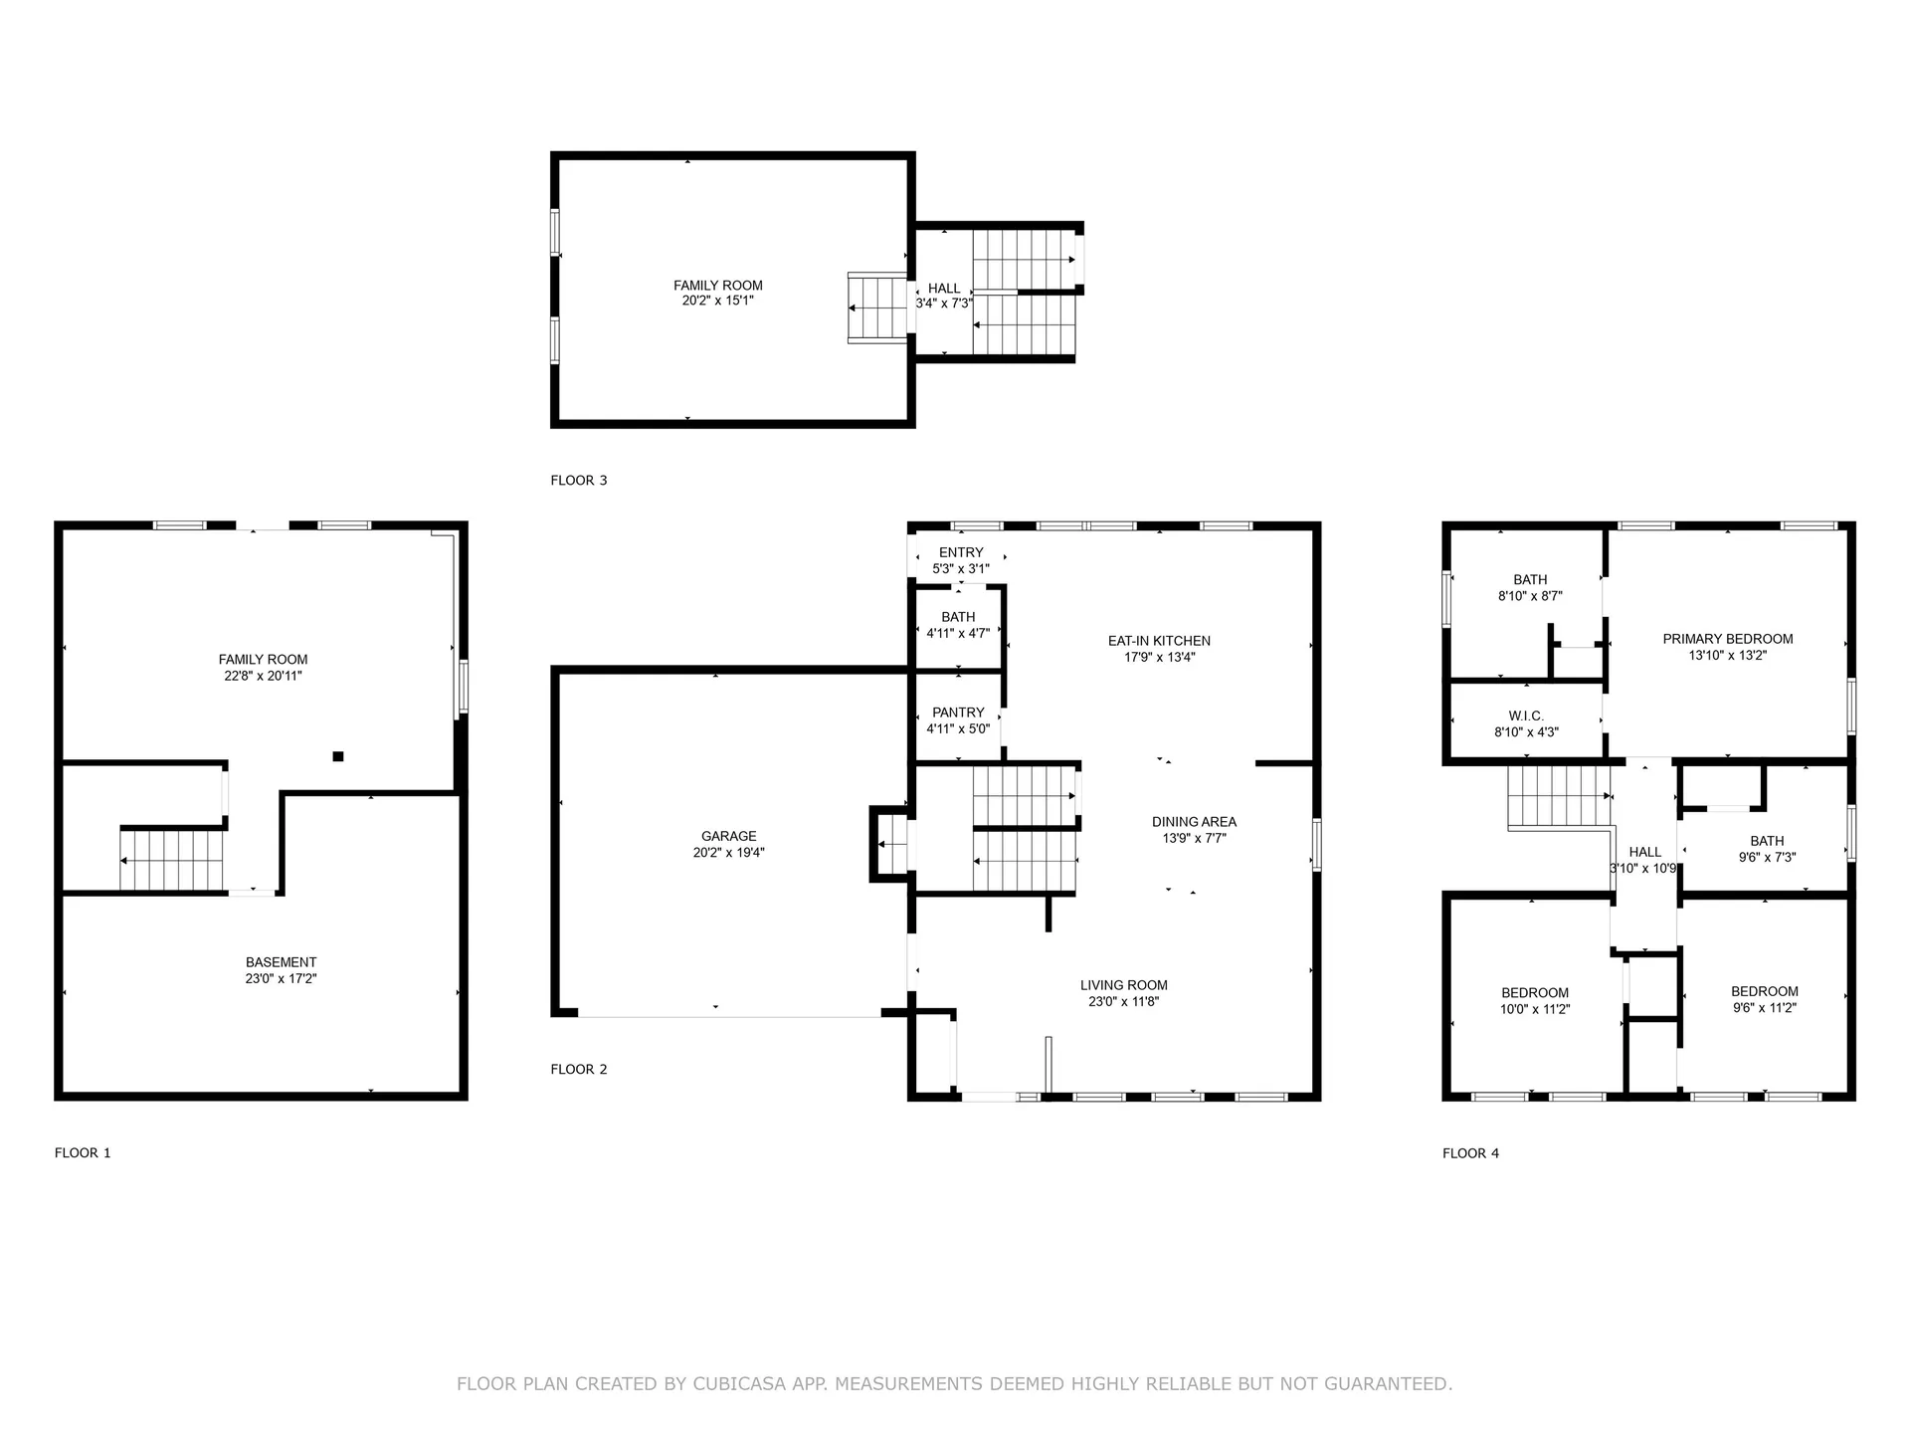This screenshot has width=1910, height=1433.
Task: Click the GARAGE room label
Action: pos(728,836)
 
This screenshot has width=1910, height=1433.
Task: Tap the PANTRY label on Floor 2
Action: pos(958,713)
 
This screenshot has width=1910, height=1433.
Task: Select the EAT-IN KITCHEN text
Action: pos(1159,641)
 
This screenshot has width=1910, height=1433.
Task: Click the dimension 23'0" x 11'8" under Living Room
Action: pos(1123,1002)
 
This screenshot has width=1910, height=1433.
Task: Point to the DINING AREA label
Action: pos(1194,822)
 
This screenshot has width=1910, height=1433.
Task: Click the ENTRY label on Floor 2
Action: pos(961,552)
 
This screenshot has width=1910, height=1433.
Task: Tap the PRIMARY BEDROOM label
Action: pos(1727,639)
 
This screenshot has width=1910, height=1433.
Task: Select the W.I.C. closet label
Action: pos(1525,716)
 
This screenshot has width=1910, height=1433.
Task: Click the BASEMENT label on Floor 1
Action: pos(281,962)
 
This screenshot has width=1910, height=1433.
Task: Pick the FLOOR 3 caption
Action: pos(578,481)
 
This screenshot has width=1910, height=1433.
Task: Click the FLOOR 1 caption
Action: pos(83,1153)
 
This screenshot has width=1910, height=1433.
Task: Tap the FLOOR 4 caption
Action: pos(1470,1153)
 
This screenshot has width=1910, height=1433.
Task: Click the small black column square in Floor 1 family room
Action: pos(338,756)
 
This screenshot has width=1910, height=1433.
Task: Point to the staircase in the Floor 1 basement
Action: pos(171,861)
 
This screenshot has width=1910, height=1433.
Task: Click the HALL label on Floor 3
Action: pos(944,289)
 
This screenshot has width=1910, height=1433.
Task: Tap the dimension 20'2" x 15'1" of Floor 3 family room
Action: pos(717,301)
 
